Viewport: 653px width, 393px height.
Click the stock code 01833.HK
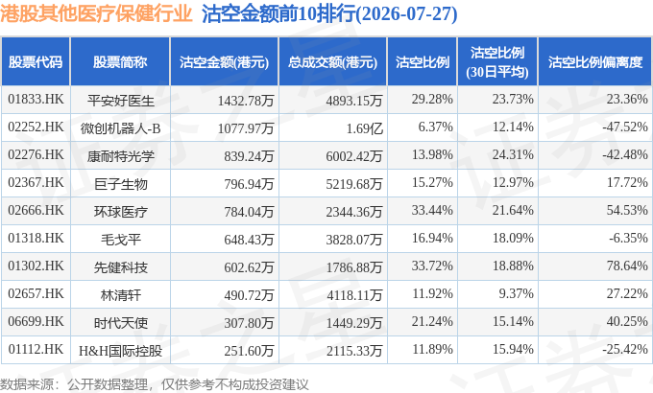pyautogui.click(x=36, y=100)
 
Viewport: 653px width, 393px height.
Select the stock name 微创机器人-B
pyautogui.click(x=120, y=128)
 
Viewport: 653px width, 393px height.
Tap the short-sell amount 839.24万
pyautogui.click(x=249, y=156)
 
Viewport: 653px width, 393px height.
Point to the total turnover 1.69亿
pyautogui.click(x=364, y=128)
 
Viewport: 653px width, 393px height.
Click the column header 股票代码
pyautogui.click(x=36, y=62)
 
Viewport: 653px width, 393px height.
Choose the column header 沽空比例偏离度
pyautogui.click(x=595, y=62)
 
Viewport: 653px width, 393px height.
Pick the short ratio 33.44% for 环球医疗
pyautogui.click(x=432, y=210)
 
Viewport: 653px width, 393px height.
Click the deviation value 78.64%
pyautogui.click(x=627, y=266)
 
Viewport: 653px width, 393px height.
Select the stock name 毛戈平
pyautogui.click(x=121, y=240)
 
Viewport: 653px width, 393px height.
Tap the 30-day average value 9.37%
pyautogui.click(x=516, y=293)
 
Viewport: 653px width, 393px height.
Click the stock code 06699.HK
pyautogui.click(x=36, y=321)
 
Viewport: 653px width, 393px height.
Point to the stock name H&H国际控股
pyautogui.click(x=120, y=351)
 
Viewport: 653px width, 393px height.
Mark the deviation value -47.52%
pyautogui.click(x=625, y=127)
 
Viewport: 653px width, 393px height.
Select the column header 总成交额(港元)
pyautogui.click(x=333, y=62)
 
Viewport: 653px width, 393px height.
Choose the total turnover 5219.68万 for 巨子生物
pyautogui.click(x=354, y=184)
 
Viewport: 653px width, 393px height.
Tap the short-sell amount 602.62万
pyautogui.click(x=249, y=267)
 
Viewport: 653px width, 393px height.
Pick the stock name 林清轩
pyautogui.click(x=121, y=295)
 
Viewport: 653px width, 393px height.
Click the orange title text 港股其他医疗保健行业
pyautogui.click(x=96, y=14)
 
